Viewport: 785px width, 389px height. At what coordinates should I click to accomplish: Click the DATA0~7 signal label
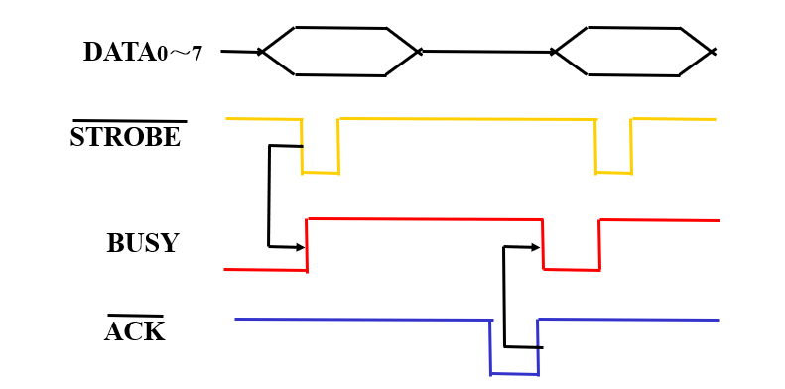coord(142,52)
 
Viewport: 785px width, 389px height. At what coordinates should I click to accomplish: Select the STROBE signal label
coord(125,138)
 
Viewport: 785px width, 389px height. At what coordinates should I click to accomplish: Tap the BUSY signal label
coord(142,244)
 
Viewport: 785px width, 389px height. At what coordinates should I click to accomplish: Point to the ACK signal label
coord(134,331)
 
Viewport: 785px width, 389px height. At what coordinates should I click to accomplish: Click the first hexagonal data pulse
coord(339,51)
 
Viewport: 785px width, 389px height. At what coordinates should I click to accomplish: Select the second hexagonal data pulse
coord(633,51)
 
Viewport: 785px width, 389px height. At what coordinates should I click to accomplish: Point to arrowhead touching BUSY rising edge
coord(301,247)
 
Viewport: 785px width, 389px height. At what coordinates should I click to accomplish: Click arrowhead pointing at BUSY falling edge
coord(537,246)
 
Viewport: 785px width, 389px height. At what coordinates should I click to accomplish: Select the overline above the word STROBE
coord(129,121)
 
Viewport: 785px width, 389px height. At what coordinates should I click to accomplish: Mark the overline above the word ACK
coord(135,316)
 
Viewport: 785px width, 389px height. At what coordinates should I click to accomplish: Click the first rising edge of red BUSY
coord(307,244)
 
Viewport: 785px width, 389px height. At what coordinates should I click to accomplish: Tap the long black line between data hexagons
coord(486,52)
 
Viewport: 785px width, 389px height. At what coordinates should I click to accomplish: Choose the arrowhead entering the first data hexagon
coord(261,52)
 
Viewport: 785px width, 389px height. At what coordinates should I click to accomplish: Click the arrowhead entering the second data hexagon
coord(553,52)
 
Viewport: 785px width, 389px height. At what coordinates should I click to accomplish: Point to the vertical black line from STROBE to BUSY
coord(269,195)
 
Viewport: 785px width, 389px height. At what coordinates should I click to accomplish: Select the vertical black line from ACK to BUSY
coord(504,297)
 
